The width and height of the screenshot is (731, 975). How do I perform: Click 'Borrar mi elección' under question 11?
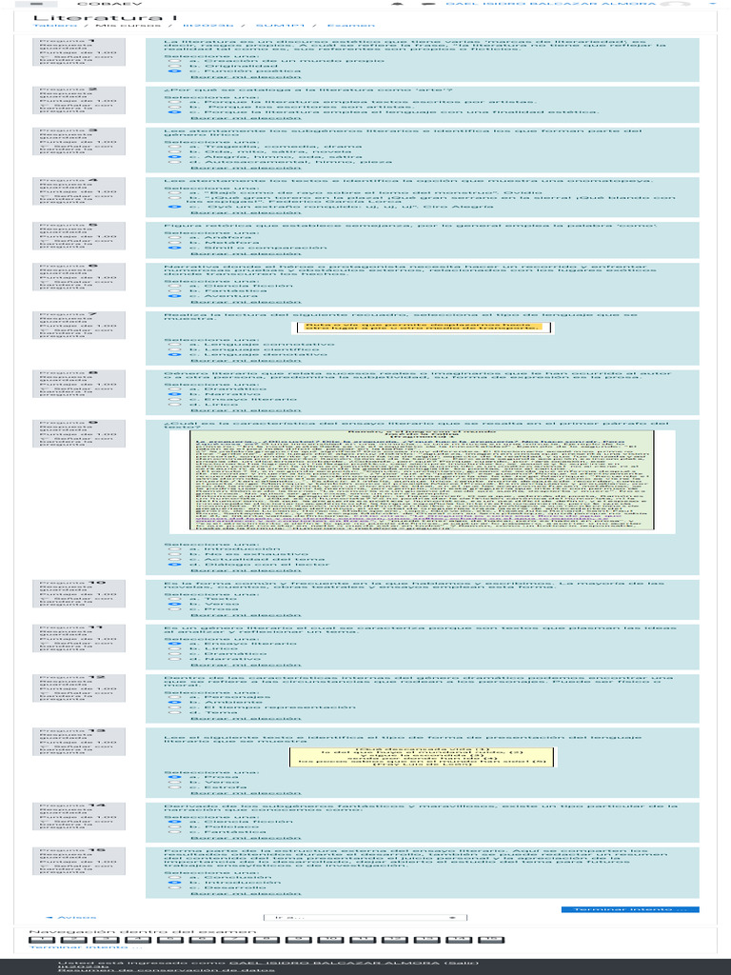(x=232, y=665)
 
